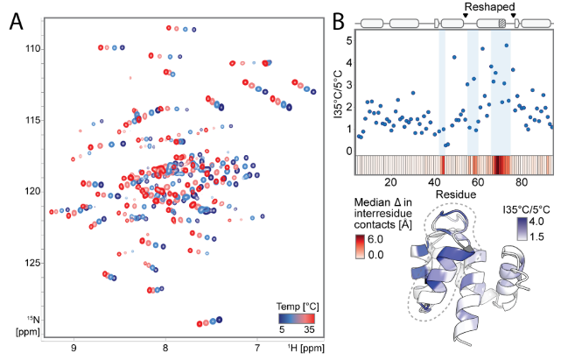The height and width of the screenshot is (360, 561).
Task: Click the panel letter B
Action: coord(334,18)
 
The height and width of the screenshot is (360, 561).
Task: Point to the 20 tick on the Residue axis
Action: coord(390,184)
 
